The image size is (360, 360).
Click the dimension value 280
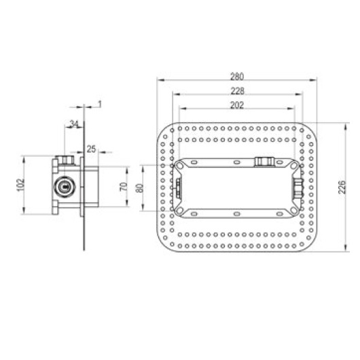pyautogui.click(x=237, y=77)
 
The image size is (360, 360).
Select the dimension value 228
pyautogui.click(x=238, y=91)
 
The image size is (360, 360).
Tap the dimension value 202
pyautogui.click(x=237, y=105)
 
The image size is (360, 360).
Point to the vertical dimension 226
pyautogui.click(x=342, y=187)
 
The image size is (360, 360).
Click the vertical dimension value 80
pyautogui.click(x=140, y=188)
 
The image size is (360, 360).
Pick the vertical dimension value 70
pyautogui.click(x=124, y=187)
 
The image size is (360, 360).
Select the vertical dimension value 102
pyautogui.click(x=20, y=185)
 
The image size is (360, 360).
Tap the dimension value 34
pyautogui.click(x=74, y=124)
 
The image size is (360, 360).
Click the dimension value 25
pyautogui.click(x=91, y=149)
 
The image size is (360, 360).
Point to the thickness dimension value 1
pyautogui.click(x=100, y=105)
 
